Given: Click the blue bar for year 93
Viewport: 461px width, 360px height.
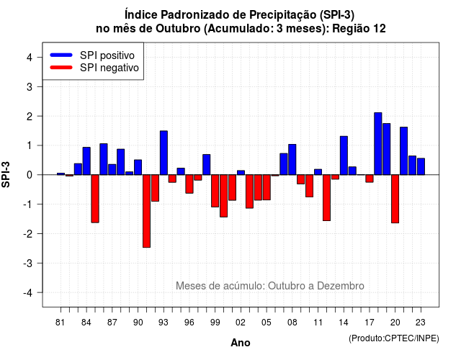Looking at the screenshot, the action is [164, 153].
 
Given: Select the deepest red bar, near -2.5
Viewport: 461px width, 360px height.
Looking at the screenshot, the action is [146, 211].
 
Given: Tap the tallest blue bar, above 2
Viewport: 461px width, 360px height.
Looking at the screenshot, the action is [378, 144].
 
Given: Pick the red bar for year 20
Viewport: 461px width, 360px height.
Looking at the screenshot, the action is [395, 199].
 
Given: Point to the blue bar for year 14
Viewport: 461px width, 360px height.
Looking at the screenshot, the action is [344, 156].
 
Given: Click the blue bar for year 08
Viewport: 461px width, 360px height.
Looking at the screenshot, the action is [292, 160].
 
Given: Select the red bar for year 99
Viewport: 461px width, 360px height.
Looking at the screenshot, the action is [215, 191].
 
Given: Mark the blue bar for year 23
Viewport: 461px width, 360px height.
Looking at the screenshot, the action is [421, 166].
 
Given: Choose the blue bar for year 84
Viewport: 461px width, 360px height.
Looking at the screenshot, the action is [86, 161].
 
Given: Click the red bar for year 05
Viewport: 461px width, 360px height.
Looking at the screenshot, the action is [267, 187].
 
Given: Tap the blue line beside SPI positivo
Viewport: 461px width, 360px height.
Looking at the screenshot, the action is [61, 55].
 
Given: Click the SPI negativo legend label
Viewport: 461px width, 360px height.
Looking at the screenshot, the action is [109, 68].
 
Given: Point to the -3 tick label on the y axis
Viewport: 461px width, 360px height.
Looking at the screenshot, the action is [29, 264].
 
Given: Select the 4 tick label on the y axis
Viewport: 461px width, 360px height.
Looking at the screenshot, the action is [30, 58].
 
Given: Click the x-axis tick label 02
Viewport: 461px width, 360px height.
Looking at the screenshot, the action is [241, 323].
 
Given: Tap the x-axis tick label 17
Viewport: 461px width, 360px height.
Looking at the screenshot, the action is [370, 323].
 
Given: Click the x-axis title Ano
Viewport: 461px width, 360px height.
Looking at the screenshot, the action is [241, 343].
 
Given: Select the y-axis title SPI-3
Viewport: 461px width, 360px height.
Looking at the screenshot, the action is [6, 174].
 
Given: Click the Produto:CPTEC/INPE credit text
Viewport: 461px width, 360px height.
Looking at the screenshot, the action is [394, 338].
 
